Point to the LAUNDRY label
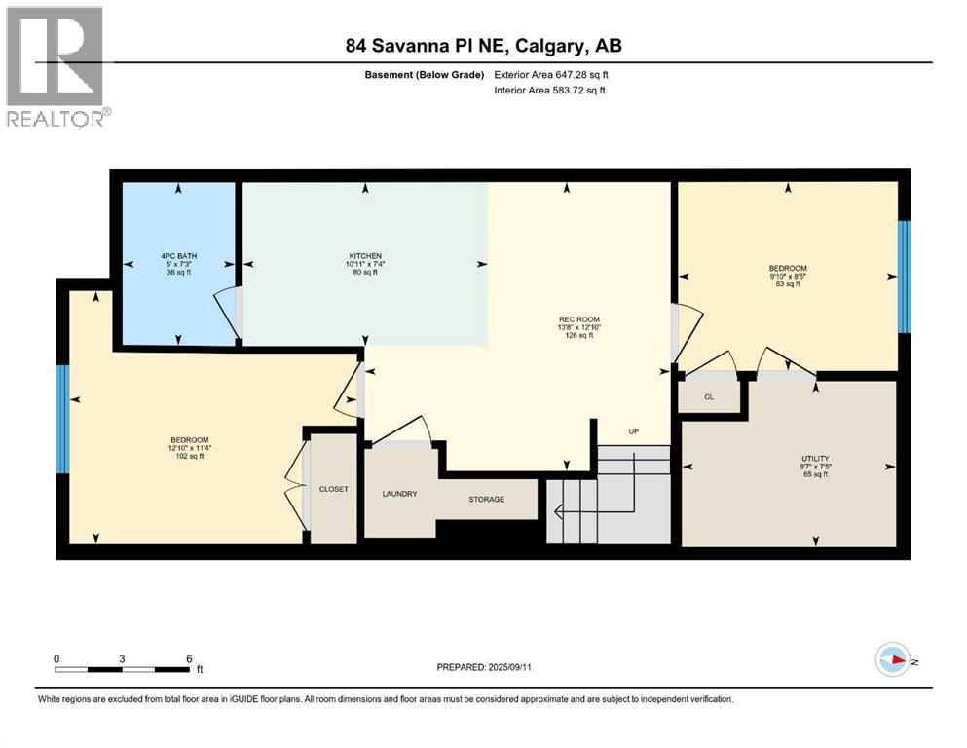tap(399, 494)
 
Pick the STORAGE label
tap(486, 500)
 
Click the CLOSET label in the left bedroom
tap(333, 489)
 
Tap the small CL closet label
tap(709, 397)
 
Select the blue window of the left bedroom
tap(62, 419)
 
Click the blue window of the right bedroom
tap(903, 277)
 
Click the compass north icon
tap(892, 660)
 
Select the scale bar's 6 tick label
tap(189, 659)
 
